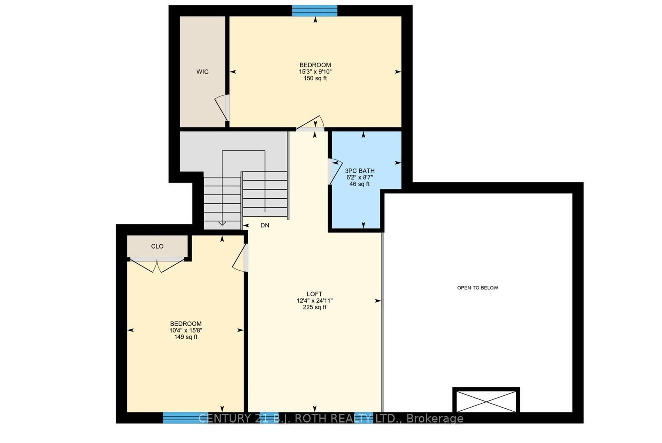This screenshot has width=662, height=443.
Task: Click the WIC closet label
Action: click(203, 72)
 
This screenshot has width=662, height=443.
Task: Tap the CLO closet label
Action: click(157, 246)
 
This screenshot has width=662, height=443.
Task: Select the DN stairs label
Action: click(265, 225)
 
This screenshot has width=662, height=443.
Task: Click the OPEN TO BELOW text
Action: click(478, 288)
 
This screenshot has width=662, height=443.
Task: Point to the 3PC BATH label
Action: click(360, 171)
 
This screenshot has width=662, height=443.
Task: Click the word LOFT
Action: click(314, 294)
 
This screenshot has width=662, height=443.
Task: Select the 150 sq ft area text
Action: click(315, 79)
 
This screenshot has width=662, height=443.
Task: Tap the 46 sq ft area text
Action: click(360, 184)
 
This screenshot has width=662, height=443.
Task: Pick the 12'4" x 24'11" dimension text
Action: click(315, 301)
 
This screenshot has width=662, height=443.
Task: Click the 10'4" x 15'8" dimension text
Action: click(186, 330)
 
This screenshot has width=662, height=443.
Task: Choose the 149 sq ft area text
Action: click(186, 337)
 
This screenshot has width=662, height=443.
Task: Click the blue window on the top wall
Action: click(315, 11)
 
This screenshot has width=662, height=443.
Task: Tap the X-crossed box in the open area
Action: click(486, 401)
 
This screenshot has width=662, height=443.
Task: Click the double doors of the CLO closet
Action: click(157, 265)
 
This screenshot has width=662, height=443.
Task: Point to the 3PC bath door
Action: click(335, 172)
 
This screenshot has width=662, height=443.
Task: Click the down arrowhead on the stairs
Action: click(222, 223)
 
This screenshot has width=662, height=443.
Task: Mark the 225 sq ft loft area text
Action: click(315, 308)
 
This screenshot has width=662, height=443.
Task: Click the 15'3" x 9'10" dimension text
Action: click(315, 72)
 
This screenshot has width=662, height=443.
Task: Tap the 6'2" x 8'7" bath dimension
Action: click(360, 178)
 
